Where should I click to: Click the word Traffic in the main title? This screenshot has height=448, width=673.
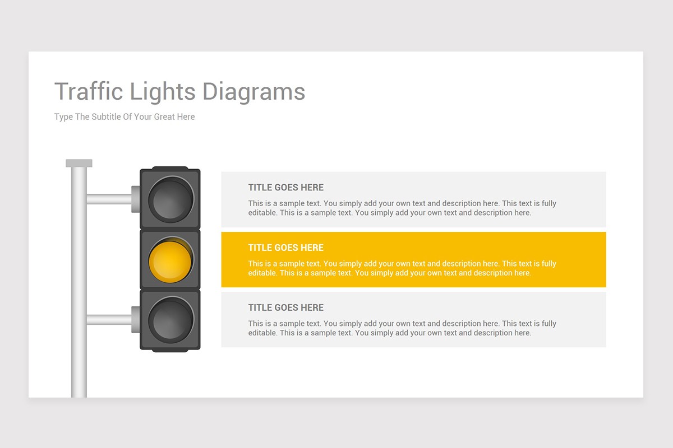pyautogui.click(x=89, y=91)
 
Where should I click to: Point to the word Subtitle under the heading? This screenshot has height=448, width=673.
pyautogui.click(x=107, y=116)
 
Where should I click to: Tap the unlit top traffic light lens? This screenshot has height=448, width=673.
pyautogui.click(x=171, y=199)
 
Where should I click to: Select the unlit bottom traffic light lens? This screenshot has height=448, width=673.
pyautogui.click(x=171, y=320)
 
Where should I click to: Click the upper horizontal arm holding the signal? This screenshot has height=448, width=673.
pyautogui.click(x=109, y=199)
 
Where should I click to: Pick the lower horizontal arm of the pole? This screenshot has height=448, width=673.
pyautogui.click(x=109, y=320)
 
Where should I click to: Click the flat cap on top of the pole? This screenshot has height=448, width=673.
pyautogui.click(x=79, y=163)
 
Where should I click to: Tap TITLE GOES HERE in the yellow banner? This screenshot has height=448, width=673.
pyautogui.click(x=285, y=248)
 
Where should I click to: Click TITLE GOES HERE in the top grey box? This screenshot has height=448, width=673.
pyautogui.click(x=285, y=187)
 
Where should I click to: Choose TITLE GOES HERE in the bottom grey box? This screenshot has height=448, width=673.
pyautogui.click(x=285, y=307)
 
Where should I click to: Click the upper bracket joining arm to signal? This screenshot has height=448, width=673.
pyautogui.click(x=136, y=199)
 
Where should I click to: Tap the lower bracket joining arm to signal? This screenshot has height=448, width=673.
pyautogui.click(x=136, y=320)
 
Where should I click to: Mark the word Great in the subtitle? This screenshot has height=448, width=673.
pyautogui.click(x=164, y=116)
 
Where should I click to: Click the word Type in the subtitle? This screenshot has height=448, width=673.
pyautogui.click(x=63, y=117)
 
